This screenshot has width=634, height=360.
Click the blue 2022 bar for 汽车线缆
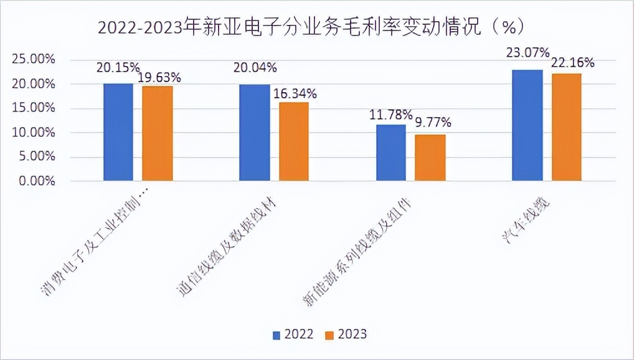click(527, 125)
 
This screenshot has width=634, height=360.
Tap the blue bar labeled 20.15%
click(118, 132)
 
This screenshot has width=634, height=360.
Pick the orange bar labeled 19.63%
click(158, 133)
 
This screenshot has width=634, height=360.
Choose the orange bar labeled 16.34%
click(294, 141)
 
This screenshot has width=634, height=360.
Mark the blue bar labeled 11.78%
click(391, 153)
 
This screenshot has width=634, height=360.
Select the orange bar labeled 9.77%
click(430, 158)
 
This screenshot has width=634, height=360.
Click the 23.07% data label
click(528, 52)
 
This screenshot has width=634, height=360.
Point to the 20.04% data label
click(255, 67)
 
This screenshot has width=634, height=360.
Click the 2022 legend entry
click(293, 334)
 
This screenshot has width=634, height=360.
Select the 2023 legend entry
click(346, 334)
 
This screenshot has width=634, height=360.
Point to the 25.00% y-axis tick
click(34, 60)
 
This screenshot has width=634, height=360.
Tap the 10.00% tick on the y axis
click(34, 133)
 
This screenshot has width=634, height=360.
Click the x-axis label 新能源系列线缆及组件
click(358, 252)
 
